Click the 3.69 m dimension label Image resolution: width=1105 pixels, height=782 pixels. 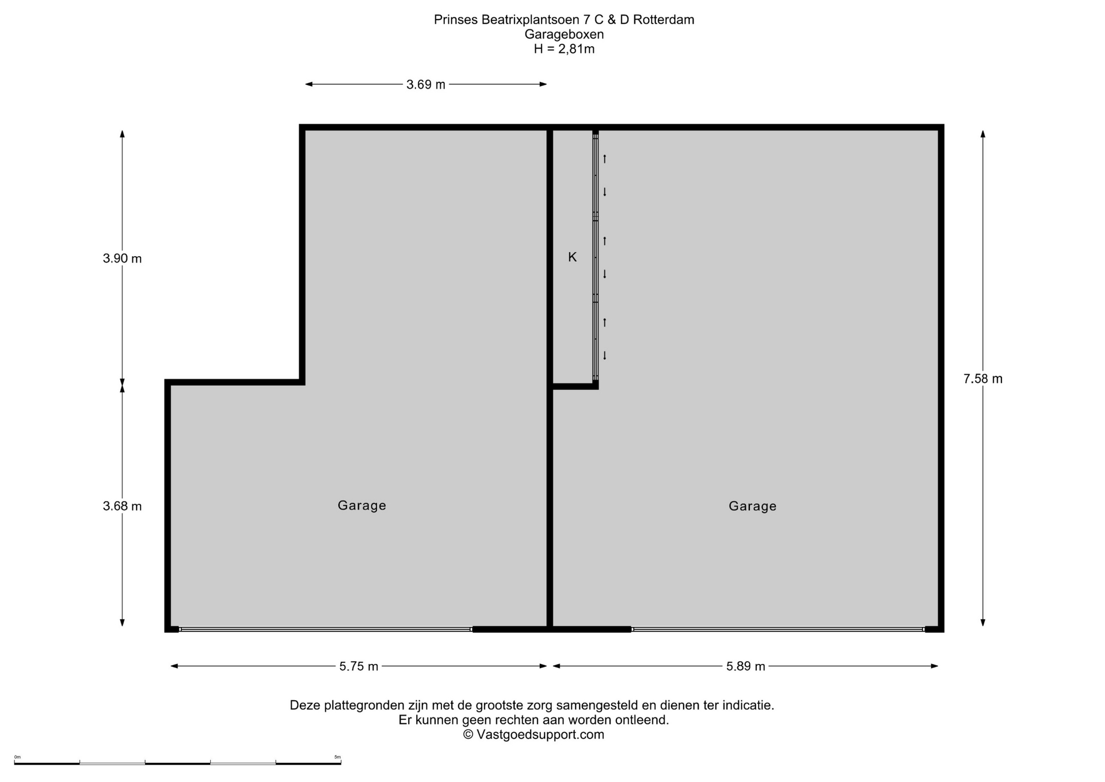coord(426,85)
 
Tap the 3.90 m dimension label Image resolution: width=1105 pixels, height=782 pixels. coord(122,259)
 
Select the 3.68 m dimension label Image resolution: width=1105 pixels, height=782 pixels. coord(122,506)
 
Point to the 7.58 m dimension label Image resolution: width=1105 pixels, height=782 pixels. coord(983,379)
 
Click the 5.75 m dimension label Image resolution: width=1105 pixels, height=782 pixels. coord(359,666)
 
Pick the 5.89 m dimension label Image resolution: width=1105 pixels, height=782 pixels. coord(746,666)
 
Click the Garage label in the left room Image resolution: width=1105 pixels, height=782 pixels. coord(362,505)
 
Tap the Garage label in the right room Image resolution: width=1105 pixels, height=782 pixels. coord(753,506)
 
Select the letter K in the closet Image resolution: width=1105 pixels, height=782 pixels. coord(572,257)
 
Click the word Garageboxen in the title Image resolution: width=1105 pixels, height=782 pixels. coord(564,35)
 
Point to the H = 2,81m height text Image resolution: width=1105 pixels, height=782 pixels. coord(564,49)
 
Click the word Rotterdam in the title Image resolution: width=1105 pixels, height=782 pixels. coord(664,20)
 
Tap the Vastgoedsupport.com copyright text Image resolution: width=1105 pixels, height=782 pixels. coord(534,735)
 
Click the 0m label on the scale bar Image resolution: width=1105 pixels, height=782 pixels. coord(17,757)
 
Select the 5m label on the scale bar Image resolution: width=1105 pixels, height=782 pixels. coord(337,757)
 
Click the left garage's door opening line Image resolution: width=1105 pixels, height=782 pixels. coord(325,629)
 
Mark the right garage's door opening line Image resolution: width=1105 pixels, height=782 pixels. coord(778,629)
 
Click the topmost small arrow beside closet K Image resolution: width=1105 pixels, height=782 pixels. coord(605,158)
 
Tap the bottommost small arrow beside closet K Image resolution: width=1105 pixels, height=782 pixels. coord(605,355)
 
